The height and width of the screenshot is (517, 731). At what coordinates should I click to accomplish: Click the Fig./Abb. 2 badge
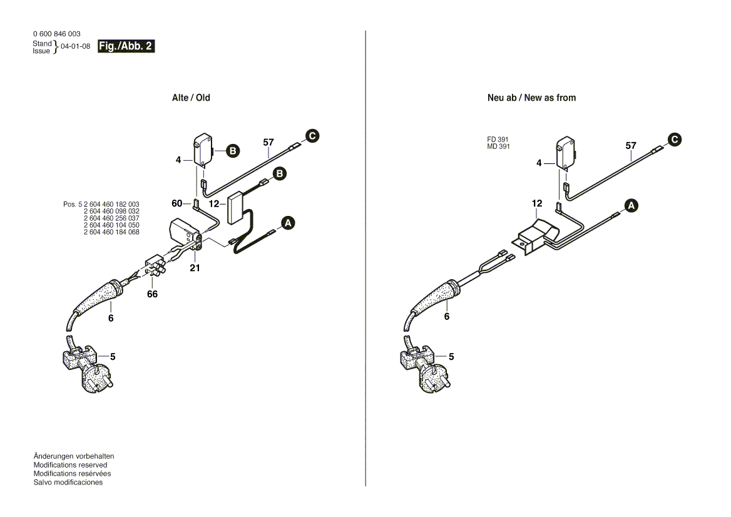(126, 46)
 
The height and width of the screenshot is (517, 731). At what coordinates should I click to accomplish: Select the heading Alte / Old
(191, 98)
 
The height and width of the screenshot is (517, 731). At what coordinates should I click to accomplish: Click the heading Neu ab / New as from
(531, 98)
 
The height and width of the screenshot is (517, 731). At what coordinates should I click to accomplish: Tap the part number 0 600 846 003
(56, 34)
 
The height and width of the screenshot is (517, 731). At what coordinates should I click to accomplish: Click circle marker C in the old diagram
(312, 135)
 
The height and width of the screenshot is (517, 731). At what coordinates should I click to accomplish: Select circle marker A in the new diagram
(631, 205)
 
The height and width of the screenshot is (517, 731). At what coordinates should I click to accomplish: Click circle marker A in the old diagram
(288, 223)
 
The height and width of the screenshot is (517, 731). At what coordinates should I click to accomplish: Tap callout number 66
(153, 294)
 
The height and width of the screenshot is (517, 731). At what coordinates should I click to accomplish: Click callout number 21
(195, 268)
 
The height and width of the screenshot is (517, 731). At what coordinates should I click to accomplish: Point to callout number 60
(177, 203)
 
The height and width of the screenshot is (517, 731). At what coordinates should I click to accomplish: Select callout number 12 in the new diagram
(537, 203)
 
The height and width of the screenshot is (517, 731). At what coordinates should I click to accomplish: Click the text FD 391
(498, 140)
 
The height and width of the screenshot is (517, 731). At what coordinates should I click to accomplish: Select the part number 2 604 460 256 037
(111, 218)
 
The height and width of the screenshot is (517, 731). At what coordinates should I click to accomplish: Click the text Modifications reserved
(70, 465)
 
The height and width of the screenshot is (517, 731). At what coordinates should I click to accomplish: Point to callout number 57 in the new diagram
(631, 146)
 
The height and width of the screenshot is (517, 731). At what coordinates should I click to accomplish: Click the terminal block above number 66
(155, 267)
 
